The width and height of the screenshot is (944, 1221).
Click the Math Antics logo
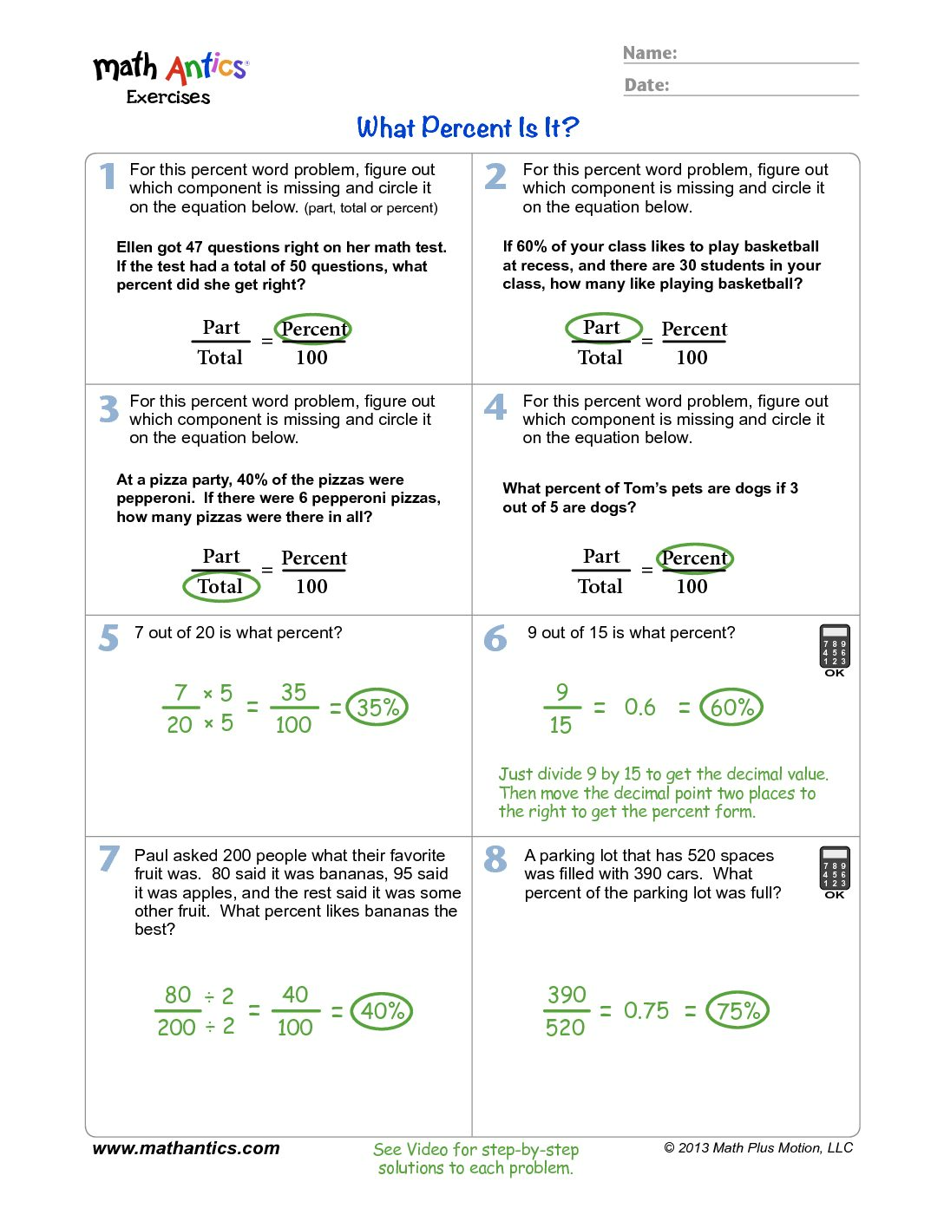click(171, 76)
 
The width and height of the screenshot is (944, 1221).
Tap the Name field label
click(650, 53)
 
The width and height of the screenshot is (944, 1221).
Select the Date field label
click(646, 85)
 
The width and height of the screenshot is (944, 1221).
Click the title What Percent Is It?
click(468, 128)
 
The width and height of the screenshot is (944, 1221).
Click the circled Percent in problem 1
click(313, 330)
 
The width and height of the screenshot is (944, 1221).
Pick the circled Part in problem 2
click(603, 328)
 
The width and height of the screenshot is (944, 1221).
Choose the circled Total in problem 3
click(221, 586)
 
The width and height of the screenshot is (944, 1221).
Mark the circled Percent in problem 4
click(694, 558)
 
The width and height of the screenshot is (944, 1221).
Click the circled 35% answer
click(377, 708)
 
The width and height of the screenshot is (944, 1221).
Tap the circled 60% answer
click(731, 708)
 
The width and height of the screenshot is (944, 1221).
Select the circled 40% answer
click(382, 1011)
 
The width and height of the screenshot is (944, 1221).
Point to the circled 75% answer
click(737, 1011)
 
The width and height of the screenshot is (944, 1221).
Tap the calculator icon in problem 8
click(835, 872)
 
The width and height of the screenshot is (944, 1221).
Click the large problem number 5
click(108, 638)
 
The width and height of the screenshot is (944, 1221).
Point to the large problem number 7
click(108, 859)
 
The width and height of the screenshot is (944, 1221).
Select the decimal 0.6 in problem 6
click(639, 708)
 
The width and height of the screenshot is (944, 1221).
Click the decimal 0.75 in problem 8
click(646, 1011)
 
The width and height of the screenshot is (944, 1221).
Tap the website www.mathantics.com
click(186, 1148)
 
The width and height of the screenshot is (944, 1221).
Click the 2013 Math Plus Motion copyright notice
click(758, 1148)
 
